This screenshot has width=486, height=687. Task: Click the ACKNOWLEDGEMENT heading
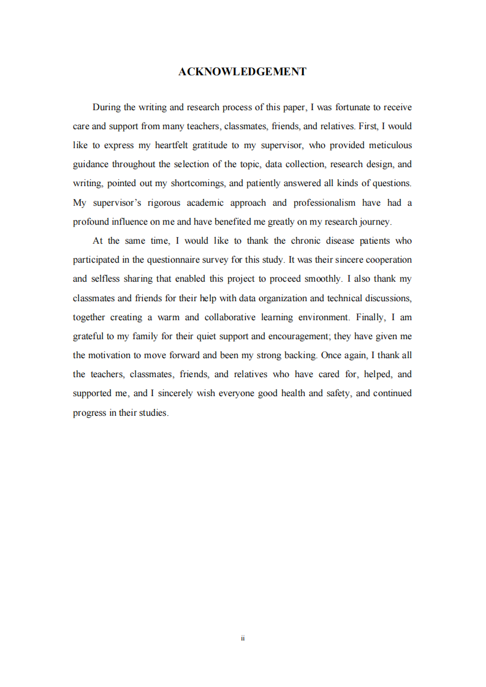click(242, 72)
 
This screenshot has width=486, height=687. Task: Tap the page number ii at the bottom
click(243, 638)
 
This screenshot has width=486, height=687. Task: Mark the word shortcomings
click(196, 183)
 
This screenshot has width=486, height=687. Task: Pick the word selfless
click(107, 279)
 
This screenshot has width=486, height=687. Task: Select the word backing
click(299, 355)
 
